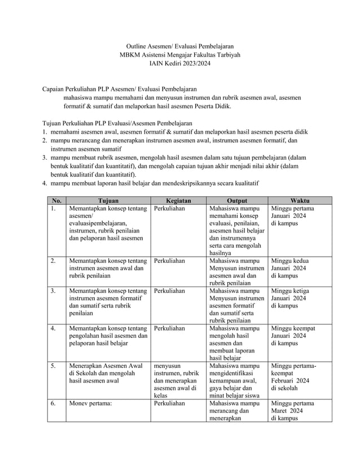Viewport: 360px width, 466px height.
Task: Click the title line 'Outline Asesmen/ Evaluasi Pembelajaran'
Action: pos(179,45)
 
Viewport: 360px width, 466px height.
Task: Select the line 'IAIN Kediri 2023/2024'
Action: pos(179,64)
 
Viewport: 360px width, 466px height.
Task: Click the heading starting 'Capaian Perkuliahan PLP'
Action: pos(120,89)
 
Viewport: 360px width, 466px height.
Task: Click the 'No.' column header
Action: pos(56,200)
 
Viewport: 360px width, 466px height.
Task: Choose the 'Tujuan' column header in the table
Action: pos(108,200)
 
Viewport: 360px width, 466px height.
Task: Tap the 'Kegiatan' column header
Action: pos(178,200)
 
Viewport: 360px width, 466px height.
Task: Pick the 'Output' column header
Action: pos(236,200)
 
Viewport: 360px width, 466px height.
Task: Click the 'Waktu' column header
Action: pos(300,200)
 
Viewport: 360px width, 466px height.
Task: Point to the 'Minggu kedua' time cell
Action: pos(290,268)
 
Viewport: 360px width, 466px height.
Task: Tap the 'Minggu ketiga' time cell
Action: pos(290,298)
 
